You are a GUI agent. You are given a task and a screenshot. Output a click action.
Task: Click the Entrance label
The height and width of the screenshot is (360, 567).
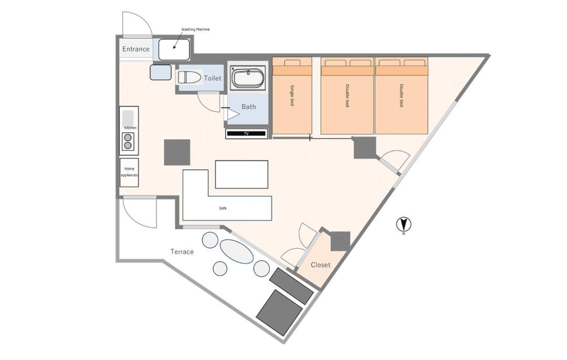coord(135,49)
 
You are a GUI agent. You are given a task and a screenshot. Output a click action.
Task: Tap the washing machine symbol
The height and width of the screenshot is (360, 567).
coord(174,49)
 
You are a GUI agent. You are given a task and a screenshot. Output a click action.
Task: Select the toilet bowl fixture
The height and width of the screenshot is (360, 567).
coord(190,78)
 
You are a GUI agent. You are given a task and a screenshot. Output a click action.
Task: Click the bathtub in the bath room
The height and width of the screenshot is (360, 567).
coord(248,78)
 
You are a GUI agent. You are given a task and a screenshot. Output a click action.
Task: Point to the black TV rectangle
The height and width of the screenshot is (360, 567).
coord(246,134)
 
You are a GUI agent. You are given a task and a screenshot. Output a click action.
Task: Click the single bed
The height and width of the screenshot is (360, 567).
coord(292,96)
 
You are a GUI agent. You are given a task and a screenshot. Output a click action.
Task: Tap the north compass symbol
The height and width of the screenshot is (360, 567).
coord(404,225)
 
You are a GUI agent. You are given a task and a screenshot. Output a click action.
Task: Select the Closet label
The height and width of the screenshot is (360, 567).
coord(320,265)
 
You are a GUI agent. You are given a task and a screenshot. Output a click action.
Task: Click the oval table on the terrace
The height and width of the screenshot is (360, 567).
coord(236,251)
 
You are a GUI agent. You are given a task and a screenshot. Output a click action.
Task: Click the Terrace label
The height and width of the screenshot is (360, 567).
coord(182,251)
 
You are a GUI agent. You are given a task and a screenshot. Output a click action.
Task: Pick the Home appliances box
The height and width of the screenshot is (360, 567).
coord(129,173)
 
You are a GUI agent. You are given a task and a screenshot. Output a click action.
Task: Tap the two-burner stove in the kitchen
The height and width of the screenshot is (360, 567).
coord(128,141)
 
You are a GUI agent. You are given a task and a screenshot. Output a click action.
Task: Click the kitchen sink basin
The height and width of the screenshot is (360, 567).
coord(128,118)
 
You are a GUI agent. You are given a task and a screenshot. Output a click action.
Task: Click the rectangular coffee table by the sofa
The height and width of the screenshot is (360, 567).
coord(241,174)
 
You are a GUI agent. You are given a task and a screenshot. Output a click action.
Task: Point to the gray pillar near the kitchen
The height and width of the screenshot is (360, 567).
coord(177,152)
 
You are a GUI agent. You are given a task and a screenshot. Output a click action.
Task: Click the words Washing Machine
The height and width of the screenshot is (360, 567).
coord(195,29)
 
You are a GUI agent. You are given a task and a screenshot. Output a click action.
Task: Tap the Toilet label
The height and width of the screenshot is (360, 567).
coord(212,78)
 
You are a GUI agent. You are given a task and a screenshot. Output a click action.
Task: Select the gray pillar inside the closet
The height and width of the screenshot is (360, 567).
coord(340,241)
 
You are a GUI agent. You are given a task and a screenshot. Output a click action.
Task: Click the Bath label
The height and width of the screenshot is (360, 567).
coord(248,107)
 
